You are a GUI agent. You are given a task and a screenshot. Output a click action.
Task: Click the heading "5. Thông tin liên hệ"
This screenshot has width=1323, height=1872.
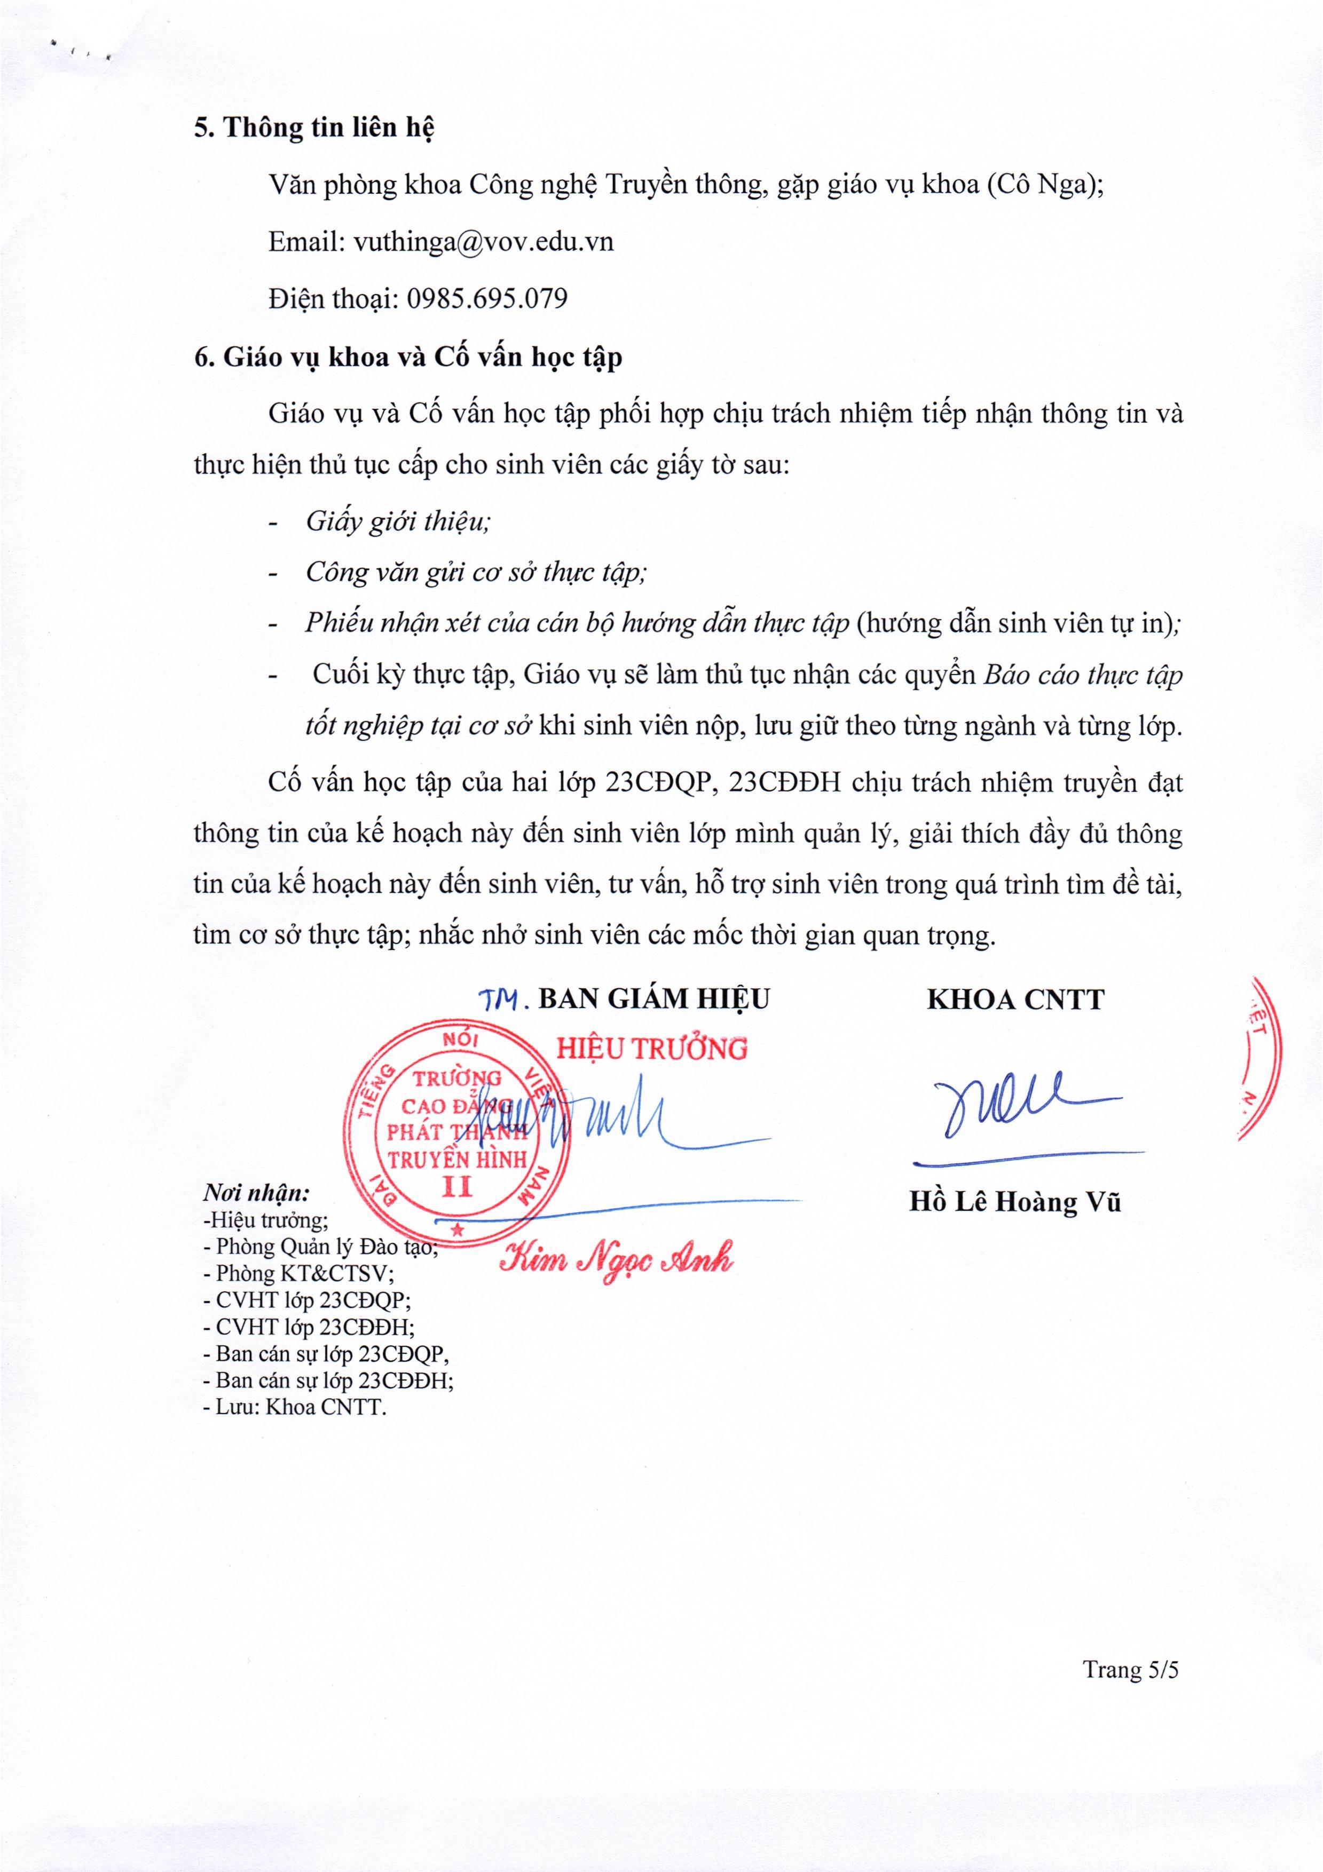point(313,129)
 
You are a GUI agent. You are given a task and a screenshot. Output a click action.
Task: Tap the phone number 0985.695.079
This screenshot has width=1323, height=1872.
point(486,298)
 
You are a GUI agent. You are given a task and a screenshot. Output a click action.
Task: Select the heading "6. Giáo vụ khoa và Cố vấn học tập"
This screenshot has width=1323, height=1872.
point(408,358)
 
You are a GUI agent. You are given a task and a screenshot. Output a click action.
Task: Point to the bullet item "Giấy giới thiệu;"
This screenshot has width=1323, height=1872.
point(397,522)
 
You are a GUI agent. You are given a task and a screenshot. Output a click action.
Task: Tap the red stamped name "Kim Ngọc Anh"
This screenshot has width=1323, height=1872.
point(616,1262)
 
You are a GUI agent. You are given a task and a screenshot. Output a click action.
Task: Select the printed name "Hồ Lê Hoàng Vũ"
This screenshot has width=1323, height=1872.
point(1015,1203)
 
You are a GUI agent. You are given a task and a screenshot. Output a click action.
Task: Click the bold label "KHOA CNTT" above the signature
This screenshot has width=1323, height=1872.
point(1015,1000)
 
